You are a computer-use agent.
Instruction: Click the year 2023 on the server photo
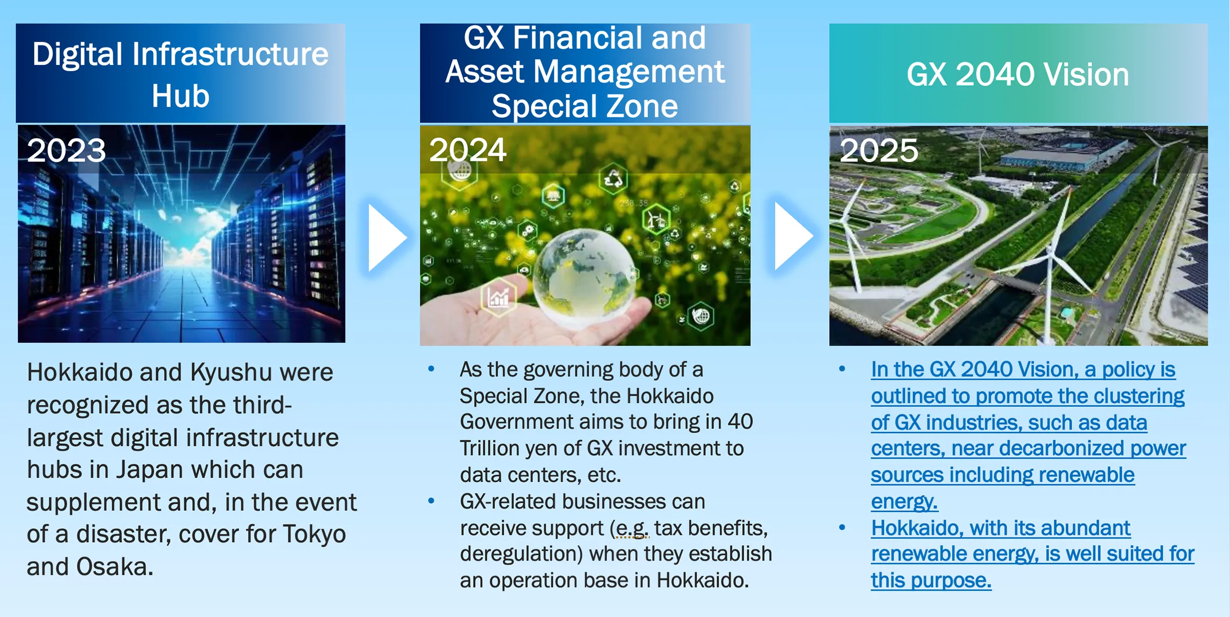point(66,151)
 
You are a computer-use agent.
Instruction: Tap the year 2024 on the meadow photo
point(467,150)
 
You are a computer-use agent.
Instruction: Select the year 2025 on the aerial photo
point(878,151)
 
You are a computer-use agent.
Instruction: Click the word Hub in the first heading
point(180,96)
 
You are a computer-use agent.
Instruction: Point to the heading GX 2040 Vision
point(1018,75)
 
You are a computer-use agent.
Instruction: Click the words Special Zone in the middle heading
point(585,107)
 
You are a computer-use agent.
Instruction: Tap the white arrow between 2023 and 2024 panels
point(387,237)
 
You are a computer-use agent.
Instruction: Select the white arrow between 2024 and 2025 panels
point(793,236)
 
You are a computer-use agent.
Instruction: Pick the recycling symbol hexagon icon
point(613,179)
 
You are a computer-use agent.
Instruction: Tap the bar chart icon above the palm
point(498,297)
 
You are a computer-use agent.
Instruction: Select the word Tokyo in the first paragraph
point(314,534)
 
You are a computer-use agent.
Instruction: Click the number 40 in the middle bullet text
point(740,422)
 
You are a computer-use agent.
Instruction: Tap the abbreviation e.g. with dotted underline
point(632,528)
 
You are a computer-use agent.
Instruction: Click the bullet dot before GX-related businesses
point(432,501)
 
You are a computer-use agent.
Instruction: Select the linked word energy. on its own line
point(905,502)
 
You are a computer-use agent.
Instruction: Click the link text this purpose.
point(931,581)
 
